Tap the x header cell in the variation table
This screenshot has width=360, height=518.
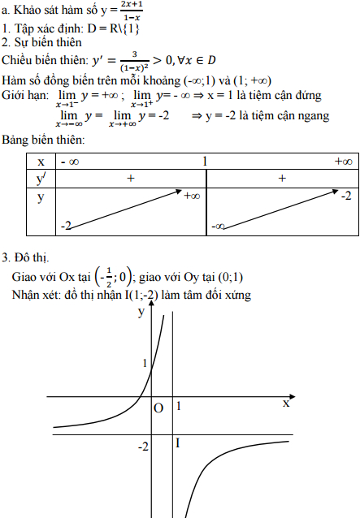[41, 162]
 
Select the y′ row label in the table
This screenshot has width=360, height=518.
[41, 178]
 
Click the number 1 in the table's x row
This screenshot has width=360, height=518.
[206, 162]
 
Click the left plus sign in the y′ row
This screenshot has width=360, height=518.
[130, 178]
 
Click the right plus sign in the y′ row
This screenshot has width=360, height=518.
[282, 178]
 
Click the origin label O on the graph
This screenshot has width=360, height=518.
[158, 408]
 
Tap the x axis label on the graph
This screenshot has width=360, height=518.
[286, 403]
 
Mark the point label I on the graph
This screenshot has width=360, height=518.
[178, 442]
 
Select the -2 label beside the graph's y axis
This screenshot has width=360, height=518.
[143, 447]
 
